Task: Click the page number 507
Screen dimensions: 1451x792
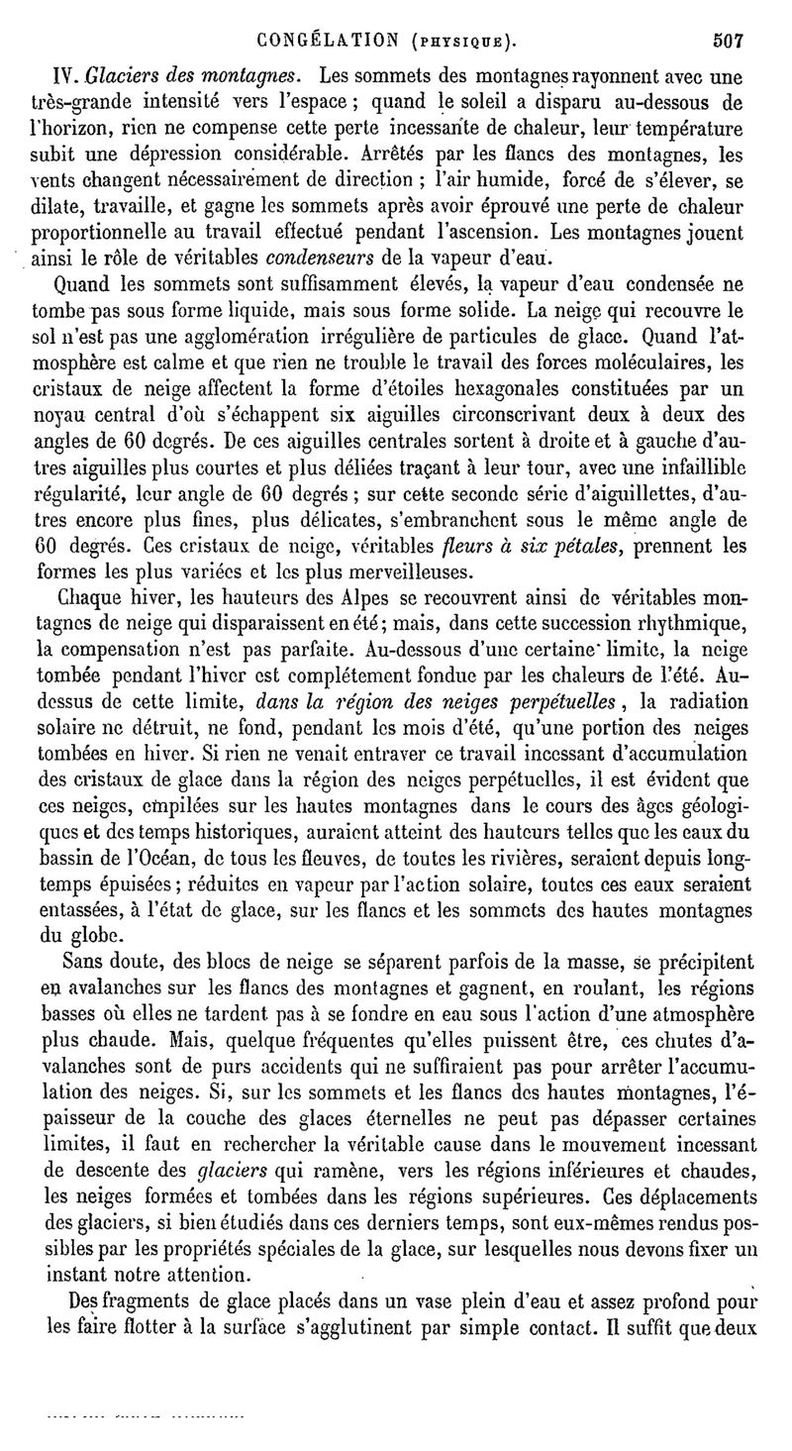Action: (x=728, y=41)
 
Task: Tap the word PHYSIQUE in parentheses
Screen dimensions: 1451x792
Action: (x=457, y=43)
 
